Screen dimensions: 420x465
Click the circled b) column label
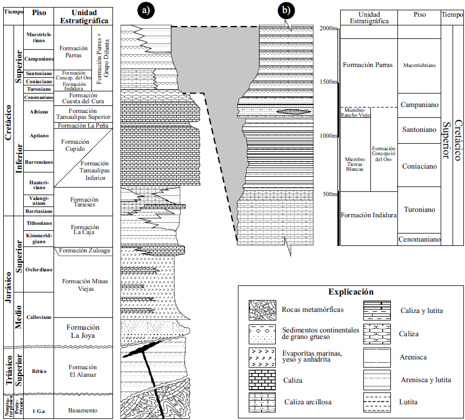click(x=285, y=10)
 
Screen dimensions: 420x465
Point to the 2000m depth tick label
click(x=327, y=28)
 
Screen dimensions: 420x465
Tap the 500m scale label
click(x=330, y=194)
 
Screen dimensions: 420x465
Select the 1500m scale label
click(x=328, y=82)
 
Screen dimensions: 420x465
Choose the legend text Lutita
click(x=409, y=402)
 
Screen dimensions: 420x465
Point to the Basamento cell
click(x=83, y=410)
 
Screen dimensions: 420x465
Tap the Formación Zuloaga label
click(x=84, y=250)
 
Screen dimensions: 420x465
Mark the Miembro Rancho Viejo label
click(x=355, y=112)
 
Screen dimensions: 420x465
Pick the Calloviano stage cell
click(x=39, y=317)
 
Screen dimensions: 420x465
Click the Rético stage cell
click(x=39, y=371)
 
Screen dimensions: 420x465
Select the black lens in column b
click(x=294, y=112)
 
